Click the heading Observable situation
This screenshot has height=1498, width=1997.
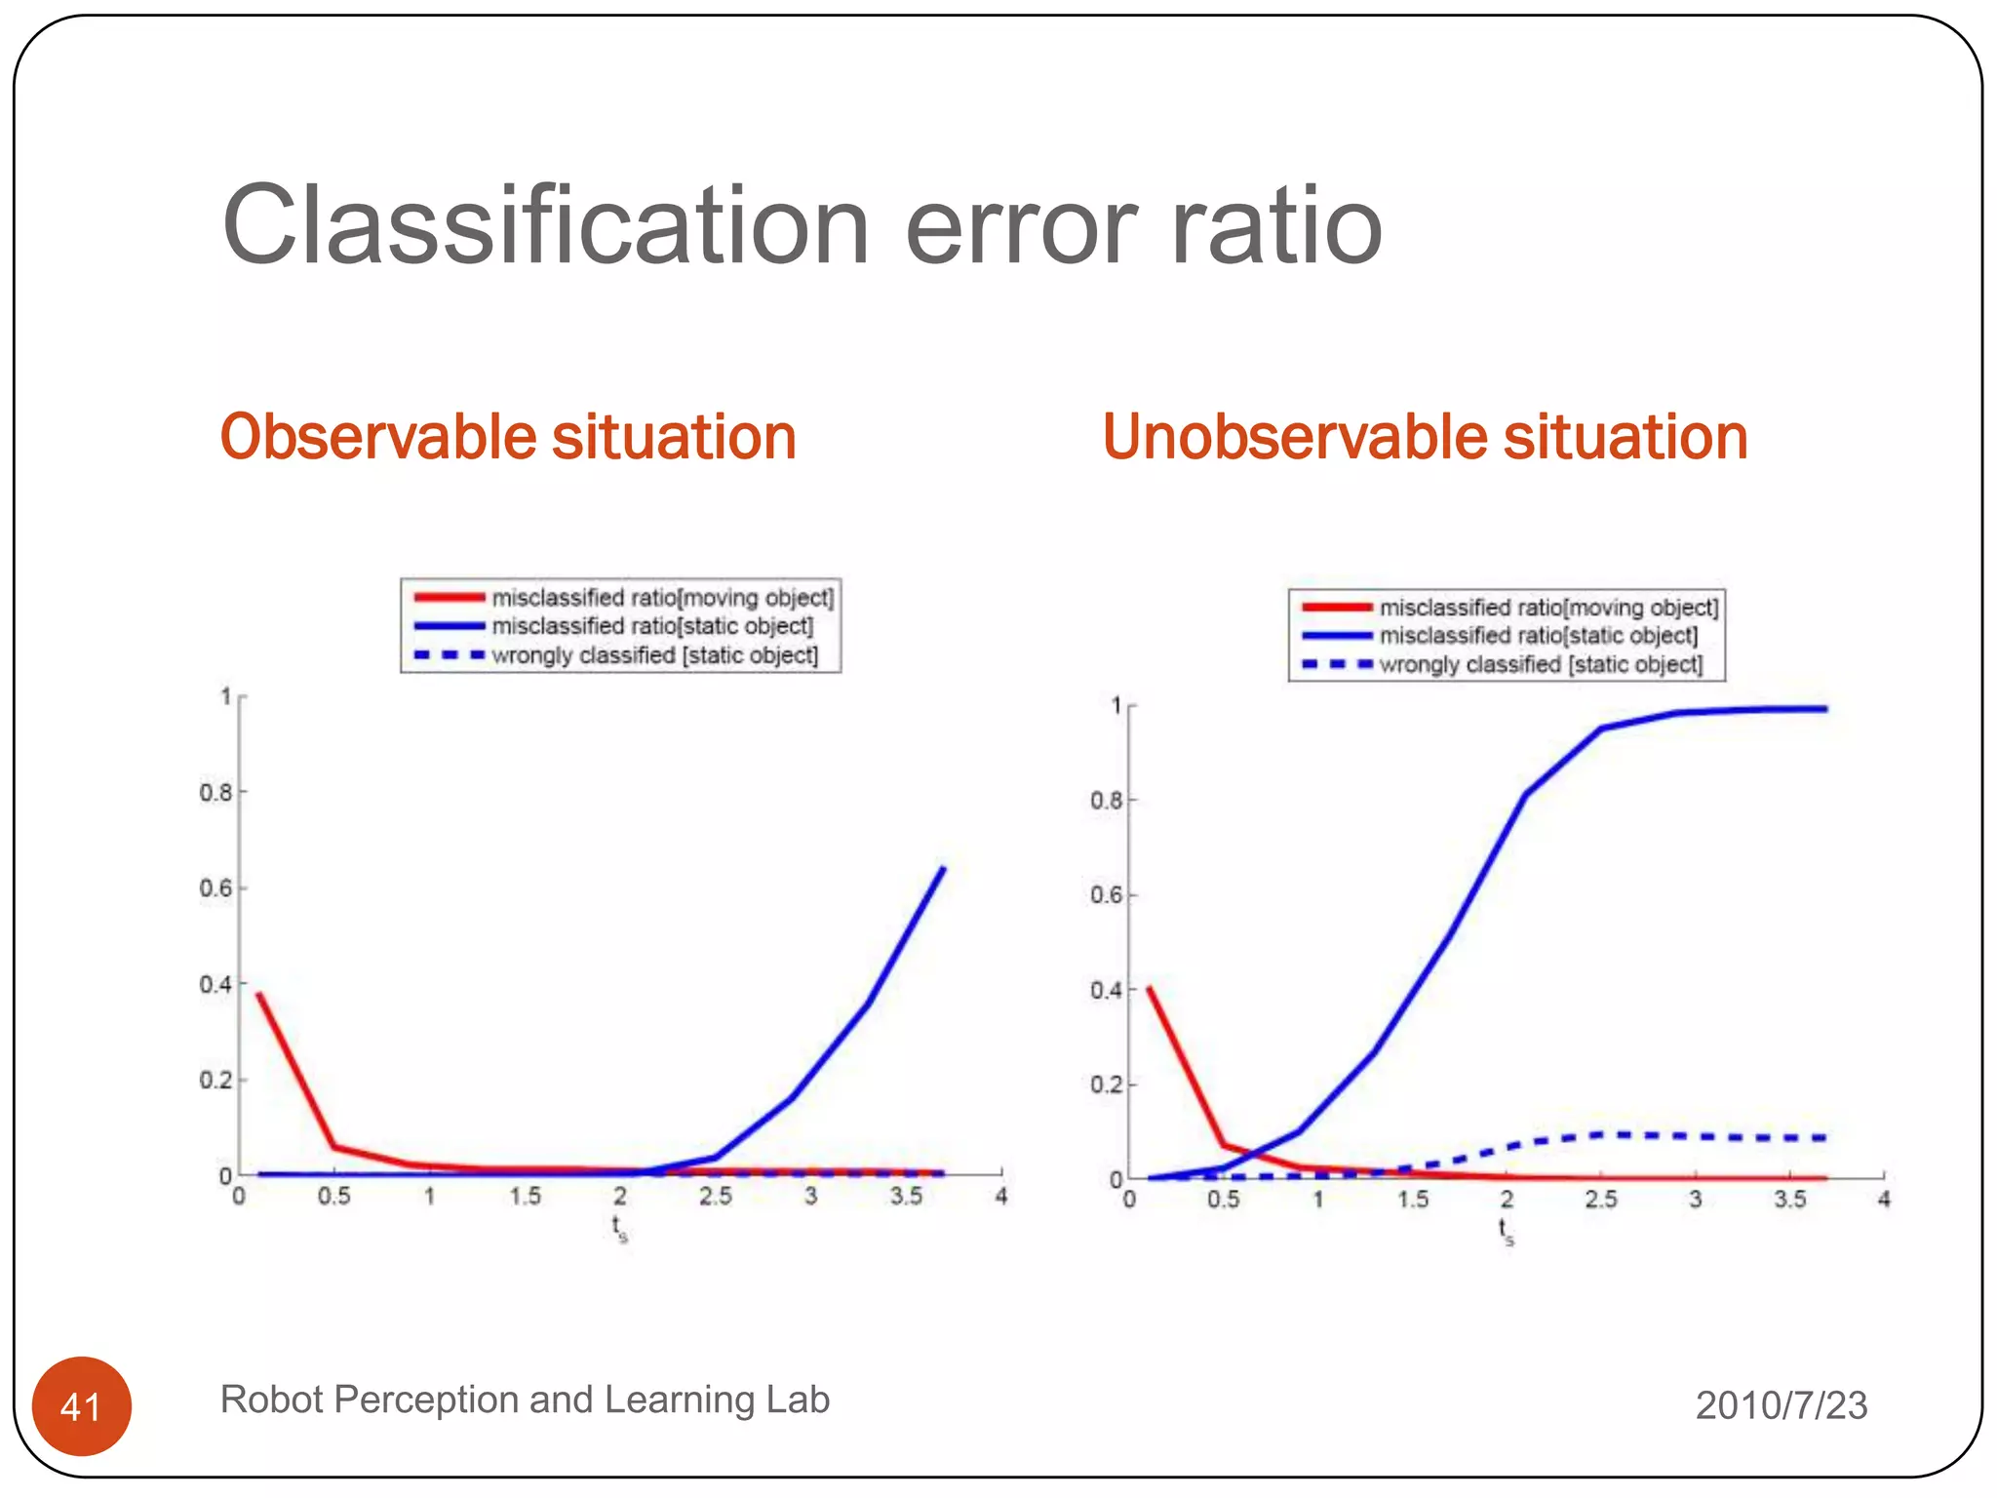[508, 436]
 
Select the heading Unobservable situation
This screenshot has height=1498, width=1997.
[1425, 436]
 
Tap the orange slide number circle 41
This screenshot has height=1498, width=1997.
[81, 1406]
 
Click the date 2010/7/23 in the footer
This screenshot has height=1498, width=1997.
[1781, 1405]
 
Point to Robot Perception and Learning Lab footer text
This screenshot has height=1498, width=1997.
[525, 1399]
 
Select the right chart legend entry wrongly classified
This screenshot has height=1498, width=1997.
[1540, 665]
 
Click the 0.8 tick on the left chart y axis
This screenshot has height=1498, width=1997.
[216, 792]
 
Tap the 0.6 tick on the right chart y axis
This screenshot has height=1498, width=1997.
[1107, 895]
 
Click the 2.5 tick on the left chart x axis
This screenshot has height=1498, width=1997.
[715, 1197]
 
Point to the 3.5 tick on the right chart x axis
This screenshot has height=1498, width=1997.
[1789, 1200]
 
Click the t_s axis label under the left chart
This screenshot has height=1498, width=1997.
[619, 1228]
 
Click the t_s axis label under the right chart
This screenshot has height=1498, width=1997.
[1507, 1231]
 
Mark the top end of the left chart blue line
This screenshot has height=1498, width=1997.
[942, 868]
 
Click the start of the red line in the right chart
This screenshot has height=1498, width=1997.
[1149, 989]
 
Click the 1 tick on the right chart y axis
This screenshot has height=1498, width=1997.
[1116, 705]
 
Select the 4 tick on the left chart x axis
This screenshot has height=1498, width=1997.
[1000, 1197]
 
